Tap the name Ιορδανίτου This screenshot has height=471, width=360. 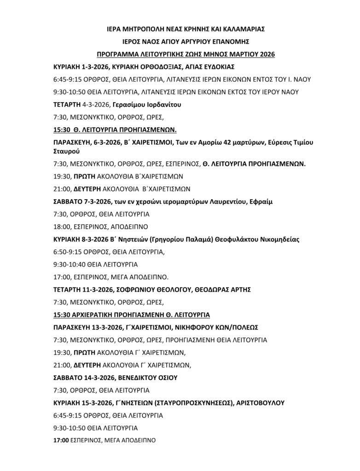point(160,105)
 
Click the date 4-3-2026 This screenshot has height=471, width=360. point(92,105)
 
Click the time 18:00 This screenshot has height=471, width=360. point(62,227)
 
